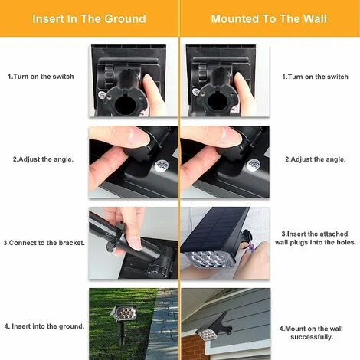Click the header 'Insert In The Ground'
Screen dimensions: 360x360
[x=90, y=18]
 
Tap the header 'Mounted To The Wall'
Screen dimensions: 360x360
[x=269, y=18]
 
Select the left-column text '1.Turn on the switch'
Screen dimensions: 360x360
[x=41, y=77]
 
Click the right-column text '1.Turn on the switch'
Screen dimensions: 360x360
[x=315, y=77]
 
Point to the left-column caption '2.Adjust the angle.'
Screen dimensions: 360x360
[x=43, y=159]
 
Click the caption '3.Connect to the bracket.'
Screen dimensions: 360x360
[x=44, y=243]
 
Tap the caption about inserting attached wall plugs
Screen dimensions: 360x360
[x=315, y=238]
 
